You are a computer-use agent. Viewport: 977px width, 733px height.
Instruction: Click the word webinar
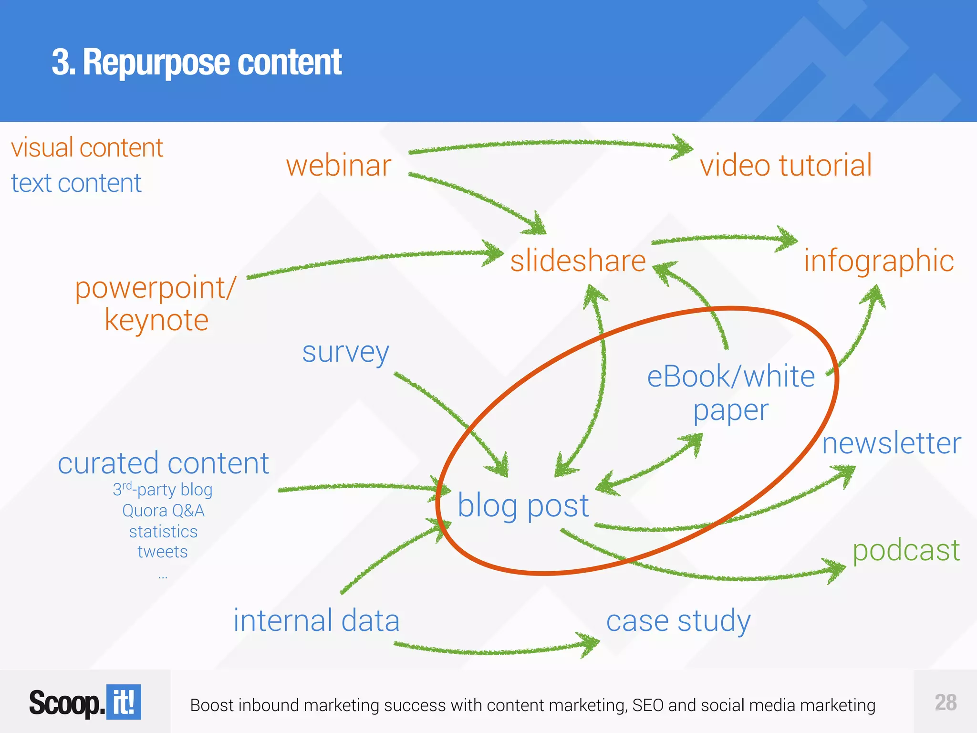339,166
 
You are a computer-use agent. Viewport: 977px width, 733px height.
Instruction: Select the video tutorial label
786,166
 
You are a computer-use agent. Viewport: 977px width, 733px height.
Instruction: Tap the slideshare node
578,261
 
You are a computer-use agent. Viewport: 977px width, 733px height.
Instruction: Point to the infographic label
879,261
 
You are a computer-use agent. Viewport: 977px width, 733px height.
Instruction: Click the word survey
345,353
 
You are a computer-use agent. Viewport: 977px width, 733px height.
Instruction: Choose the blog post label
523,506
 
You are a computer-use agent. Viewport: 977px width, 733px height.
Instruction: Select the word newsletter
891,443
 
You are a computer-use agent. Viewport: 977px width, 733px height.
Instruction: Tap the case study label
678,621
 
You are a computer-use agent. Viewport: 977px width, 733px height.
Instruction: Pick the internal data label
316,621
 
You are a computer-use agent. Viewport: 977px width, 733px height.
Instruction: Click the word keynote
156,320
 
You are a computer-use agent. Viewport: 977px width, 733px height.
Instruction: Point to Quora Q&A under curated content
163,511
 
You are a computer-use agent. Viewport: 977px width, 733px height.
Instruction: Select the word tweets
163,552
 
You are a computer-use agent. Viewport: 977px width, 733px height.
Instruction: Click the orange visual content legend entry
87,147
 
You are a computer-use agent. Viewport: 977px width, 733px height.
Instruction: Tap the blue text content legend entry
76,183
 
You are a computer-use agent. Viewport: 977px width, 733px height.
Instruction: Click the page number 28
946,702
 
